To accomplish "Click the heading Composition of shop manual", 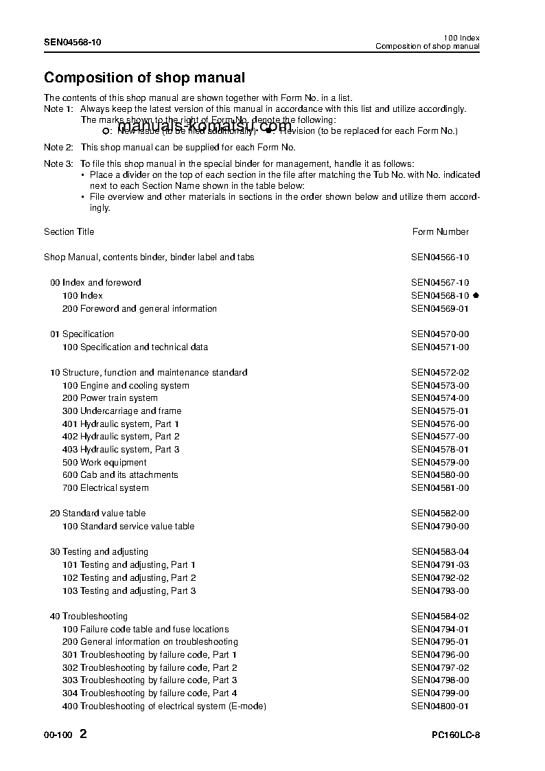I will pyautogui.click(x=144, y=78).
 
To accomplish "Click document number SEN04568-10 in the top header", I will pyautogui.click(x=72, y=42).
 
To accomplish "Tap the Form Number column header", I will pyautogui.click(x=440, y=232).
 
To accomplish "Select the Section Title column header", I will pyautogui.click(x=69, y=232).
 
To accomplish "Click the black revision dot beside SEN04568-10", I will pyautogui.click(x=476, y=295).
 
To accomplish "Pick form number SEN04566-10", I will pyautogui.click(x=440, y=257).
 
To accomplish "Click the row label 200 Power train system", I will pyautogui.click(x=110, y=398).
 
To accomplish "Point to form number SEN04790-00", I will pyautogui.click(x=440, y=527).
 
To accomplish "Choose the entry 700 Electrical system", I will pyautogui.click(x=105, y=488).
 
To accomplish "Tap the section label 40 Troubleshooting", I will pyautogui.click(x=89, y=617).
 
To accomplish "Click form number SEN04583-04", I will pyautogui.click(x=440, y=552).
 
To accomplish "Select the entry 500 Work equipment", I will pyautogui.click(x=104, y=463).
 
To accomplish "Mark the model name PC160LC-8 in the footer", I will pyautogui.click(x=456, y=735).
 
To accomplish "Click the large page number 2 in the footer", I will pyautogui.click(x=83, y=734).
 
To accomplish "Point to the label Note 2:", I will pyautogui.click(x=58, y=148).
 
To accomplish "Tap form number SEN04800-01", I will pyautogui.click(x=440, y=706).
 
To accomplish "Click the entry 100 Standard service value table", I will pyautogui.click(x=128, y=527).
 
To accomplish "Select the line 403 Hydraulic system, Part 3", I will pyautogui.click(x=121, y=450).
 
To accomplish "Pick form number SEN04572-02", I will pyautogui.click(x=440, y=373).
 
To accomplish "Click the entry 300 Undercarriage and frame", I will pyautogui.click(x=121, y=411).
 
